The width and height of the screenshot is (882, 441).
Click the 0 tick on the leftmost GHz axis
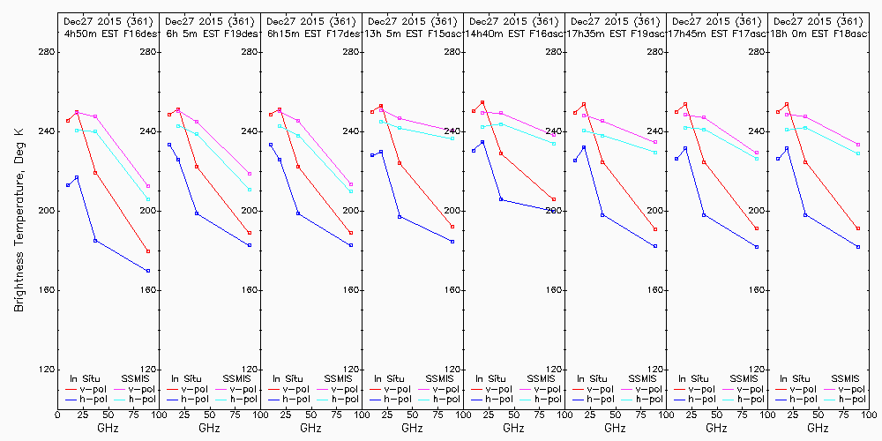(57, 414)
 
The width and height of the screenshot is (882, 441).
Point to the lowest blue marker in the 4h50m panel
(148, 271)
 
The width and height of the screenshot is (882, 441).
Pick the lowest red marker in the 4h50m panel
(148, 251)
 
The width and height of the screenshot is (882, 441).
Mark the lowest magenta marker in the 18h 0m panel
(858, 145)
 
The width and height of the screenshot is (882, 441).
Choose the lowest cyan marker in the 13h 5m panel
(452, 138)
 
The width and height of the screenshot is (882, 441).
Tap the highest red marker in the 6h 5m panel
(178, 109)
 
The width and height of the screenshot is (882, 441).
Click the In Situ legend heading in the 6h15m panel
(288, 378)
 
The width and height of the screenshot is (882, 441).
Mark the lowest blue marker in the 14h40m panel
(554, 210)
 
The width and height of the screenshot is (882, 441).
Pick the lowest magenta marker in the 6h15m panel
(351, 184)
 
